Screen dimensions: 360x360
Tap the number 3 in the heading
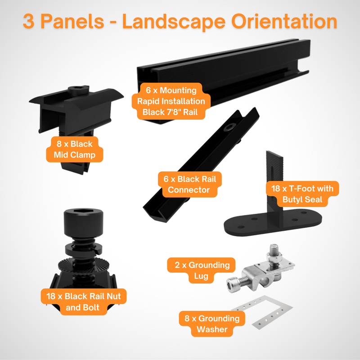[31, 22]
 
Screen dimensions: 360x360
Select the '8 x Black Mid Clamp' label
[75, 150]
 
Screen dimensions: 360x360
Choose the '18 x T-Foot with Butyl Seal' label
[302, 194]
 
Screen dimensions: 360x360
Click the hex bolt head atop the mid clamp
[76, 91]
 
